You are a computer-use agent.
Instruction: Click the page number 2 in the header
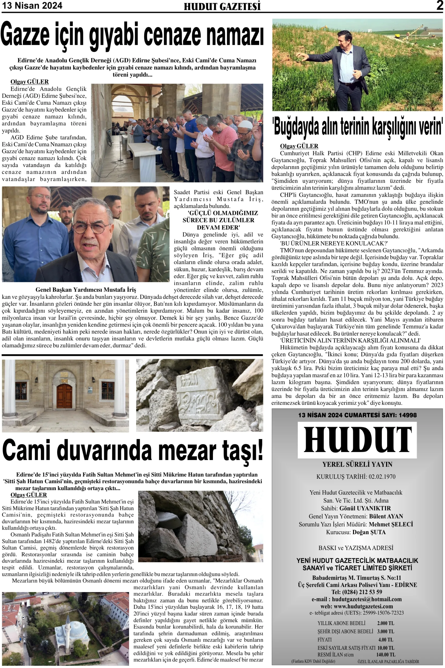[439, 6]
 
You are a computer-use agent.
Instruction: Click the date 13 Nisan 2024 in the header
[32, 6]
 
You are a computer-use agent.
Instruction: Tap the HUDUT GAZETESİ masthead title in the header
[222, 7]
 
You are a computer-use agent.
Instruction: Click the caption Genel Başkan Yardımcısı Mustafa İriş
[86, 290]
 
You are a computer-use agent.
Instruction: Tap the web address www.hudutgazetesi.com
[365, 606]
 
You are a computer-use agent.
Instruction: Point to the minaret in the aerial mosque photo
[68, 622]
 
